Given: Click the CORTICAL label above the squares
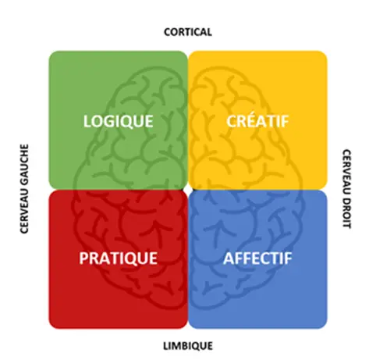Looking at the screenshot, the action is click(188, 32).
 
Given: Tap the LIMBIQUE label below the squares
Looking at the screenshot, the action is click(188, 346).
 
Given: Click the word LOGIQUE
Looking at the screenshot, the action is click(119, 121).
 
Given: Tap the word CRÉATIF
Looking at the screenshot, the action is click(257, 121).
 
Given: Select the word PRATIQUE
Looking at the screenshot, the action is click(119, 258).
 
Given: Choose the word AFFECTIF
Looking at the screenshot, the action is click(257, 258).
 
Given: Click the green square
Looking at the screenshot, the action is click(119, 120).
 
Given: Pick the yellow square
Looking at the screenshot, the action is click(257, 120).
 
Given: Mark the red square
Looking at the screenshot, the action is click(119, 259).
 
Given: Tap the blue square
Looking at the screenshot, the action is click(257, 259).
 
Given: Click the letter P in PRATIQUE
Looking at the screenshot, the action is click(84, 258).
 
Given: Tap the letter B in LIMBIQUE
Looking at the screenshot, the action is click(186, 346).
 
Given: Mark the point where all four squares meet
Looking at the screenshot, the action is click(188, 190).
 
